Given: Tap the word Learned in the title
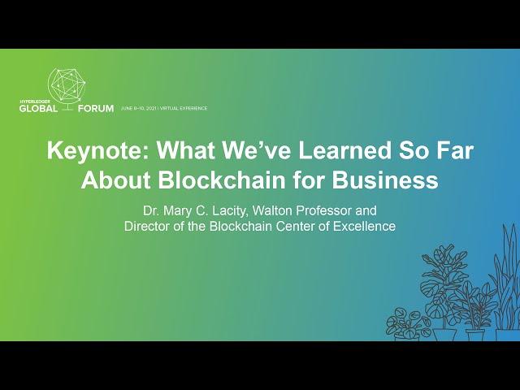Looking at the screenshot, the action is (x=344, y=150).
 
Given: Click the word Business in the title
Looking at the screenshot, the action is (x=385, y=180).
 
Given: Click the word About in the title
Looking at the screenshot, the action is (x=116, y=180).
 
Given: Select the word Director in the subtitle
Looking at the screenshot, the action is (x=145, y=226).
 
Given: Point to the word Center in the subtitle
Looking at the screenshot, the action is (x=294, y=226).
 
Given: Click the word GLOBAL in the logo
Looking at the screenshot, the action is (x=38, y=108).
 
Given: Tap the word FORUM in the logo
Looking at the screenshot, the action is (x=96, y=108).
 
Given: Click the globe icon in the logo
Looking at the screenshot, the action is (x=67, y=88).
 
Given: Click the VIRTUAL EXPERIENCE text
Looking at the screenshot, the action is (x=184, y=108).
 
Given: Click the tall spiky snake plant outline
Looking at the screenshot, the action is (x=507, y=282).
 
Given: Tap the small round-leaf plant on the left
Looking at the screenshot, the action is (x=408, y=323).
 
